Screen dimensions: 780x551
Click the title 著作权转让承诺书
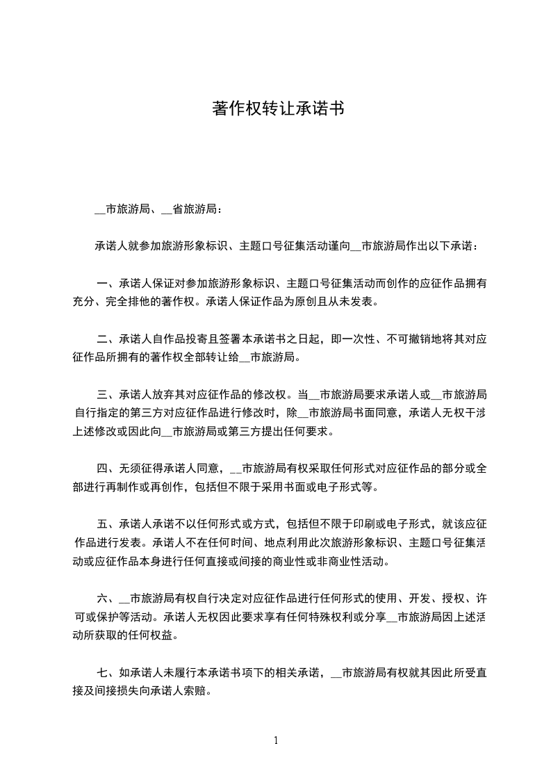coord(277,110)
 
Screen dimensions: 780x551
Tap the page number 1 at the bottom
coord(276,741)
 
